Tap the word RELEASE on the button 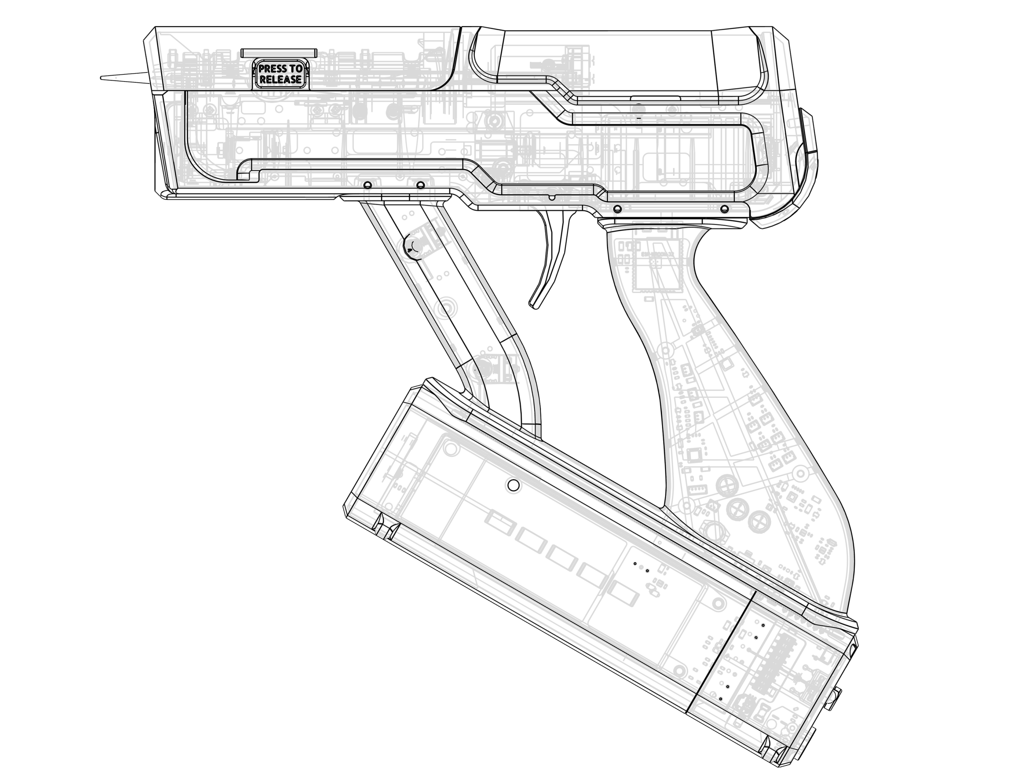(281, 79)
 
